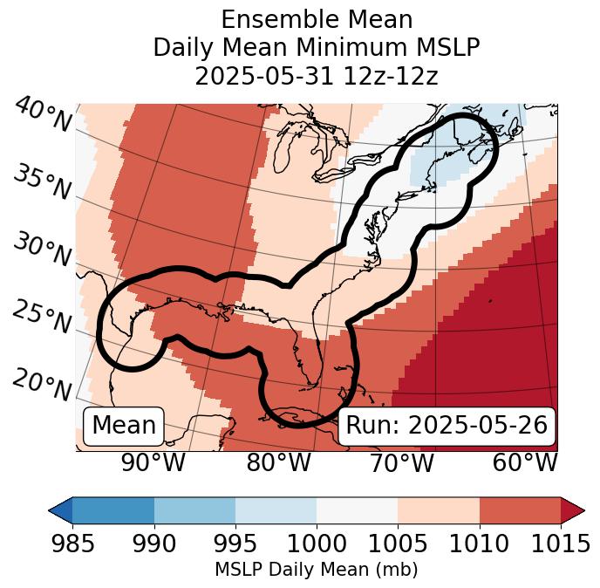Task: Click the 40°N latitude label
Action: click(42, 116)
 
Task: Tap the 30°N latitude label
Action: click(42, 251)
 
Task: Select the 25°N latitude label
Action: click(42, 318)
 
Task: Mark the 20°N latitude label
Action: click(42, 385)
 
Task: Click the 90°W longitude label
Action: click(153, 463)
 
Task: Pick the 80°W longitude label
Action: click(278, 463)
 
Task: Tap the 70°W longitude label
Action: click(401, 463)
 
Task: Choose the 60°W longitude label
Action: click(525, 463)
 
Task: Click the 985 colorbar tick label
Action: click(72, 544)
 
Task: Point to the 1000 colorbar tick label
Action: click(316, 544)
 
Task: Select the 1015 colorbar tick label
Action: click(560, 544)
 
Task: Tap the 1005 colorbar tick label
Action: click(398, 544)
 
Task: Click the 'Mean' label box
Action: click(124, 426)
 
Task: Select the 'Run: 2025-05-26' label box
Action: click(447, 426)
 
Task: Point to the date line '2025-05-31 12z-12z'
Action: click(316, 76)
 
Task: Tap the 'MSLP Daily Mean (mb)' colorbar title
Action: click(316, 571)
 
